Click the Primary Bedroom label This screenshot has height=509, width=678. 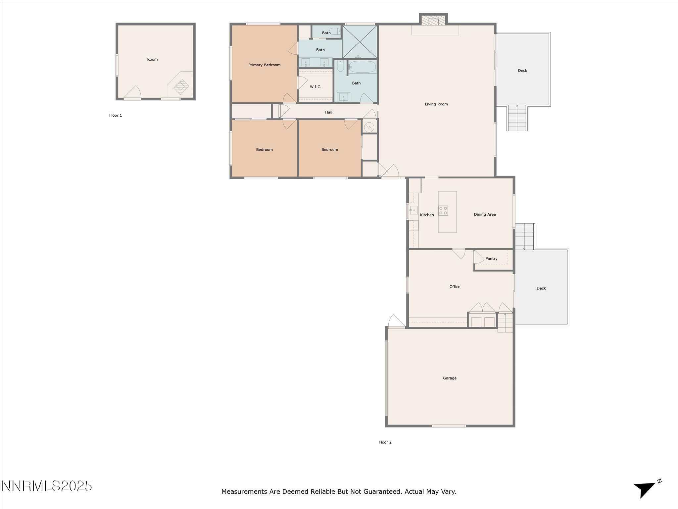click(x=264, y=65)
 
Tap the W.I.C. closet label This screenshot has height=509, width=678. click(x=315, y=87)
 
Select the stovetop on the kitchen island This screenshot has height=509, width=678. click(x=443, y=211)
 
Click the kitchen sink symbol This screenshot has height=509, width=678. click(x=413, y=210)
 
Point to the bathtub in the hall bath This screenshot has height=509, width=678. click(x=362, y=67)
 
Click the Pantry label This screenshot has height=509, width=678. click(x=491, y=258)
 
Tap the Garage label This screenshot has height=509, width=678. click(x=450, y=378)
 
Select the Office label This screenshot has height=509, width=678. click(x=455, y=287)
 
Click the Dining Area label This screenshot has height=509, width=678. click(x=485, y=214)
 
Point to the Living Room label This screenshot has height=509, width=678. click(x=436, y=104)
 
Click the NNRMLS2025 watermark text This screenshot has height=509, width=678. click(x=47, y=486)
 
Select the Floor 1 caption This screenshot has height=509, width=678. click(x=116, y=115)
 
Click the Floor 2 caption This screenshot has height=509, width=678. click(x=385, y=442)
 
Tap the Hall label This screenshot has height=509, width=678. click(x=328, y=112)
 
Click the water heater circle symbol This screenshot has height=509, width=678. click(x=369, y=127)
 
